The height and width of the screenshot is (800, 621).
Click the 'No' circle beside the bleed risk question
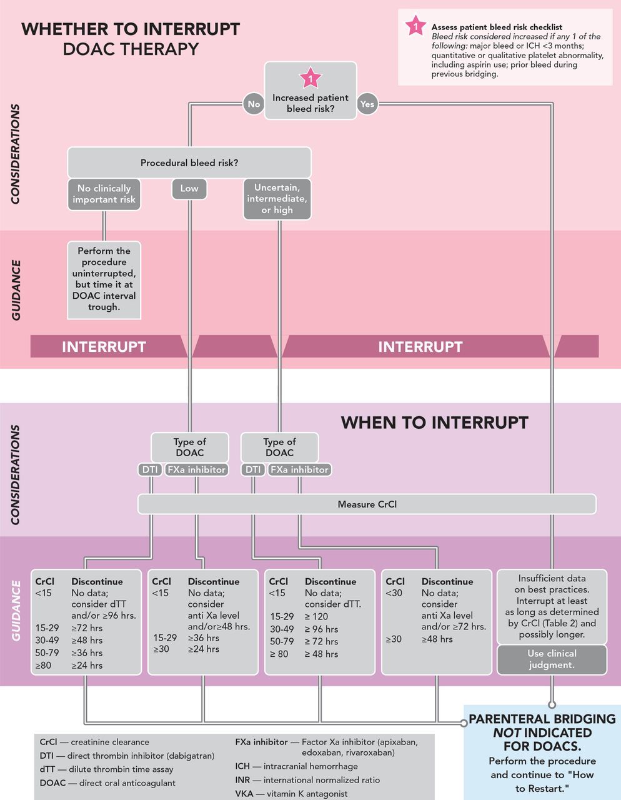(254, 104)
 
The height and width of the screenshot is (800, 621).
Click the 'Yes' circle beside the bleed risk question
(367, 104)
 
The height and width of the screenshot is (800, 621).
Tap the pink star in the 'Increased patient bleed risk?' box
(310, 77)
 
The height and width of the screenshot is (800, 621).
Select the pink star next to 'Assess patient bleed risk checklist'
(415, 26)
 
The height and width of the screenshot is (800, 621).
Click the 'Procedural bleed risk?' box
(189, 162)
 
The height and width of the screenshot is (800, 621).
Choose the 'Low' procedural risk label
(189, 189)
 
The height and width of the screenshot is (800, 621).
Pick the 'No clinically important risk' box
(104, 194)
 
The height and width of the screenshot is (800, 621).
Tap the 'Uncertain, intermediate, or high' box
(277, 199)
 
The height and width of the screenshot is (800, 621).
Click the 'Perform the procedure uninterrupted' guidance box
(104, 280)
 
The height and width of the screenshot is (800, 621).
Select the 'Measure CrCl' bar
(367, 504)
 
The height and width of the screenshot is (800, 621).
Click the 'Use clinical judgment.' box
(552, 659)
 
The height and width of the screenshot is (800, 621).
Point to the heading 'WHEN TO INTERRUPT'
(434, 422)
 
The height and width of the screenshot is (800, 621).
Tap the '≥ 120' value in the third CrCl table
(316, 616)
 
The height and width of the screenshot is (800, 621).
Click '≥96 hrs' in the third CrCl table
(321, 629)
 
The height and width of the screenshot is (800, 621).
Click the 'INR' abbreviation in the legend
(242, 780)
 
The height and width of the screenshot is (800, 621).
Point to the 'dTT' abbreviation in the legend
(47, 769)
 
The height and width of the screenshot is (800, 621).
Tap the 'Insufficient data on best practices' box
(552, 607)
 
